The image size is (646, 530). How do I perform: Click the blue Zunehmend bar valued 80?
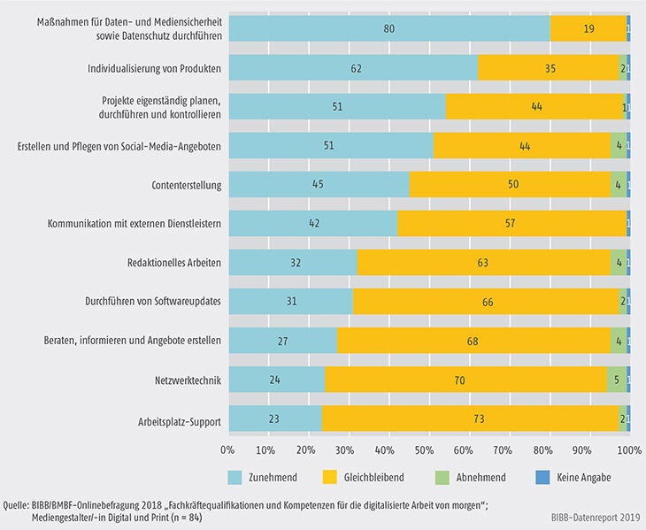[x=389, y=28]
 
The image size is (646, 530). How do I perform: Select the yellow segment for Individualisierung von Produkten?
[x=549, y=67]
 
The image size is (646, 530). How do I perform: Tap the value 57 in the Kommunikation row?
[x=511, y=224]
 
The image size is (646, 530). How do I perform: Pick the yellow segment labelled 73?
[x=470, y=419]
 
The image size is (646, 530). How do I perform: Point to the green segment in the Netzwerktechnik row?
[x=617, y=380]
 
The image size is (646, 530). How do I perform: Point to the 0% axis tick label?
[x=230, y=449]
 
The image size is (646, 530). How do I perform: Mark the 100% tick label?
[x=627, y=449]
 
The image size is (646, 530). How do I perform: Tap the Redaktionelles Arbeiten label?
[x=173, y=263]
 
